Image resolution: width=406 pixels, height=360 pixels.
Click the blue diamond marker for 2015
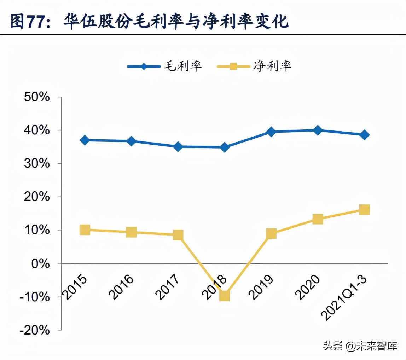pyautogui.click(x=85, y=140)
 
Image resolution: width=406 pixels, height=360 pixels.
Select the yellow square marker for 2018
pyautogui.click(x=225, y=295)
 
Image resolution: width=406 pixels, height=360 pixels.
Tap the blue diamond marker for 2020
pyautogui.click(x=318, y=130)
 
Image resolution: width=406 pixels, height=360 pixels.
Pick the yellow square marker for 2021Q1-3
pyautogui.click(x=364, y=210)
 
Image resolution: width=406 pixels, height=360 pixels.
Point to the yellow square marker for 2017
pyautogui.click(x=178, y=235)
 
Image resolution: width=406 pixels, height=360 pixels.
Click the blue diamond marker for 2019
pyautogui.click(x=271, y=132)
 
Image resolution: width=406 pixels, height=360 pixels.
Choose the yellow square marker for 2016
pyautogui.click(x=131, y=232)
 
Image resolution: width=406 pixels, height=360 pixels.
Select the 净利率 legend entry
pyautogui.click(x=254, y=66)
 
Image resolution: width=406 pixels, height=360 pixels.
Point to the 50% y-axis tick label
pyautogui.click(x=37, y=97)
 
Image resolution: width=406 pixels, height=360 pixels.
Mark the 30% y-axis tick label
pyautogui.click(x=37, y=163)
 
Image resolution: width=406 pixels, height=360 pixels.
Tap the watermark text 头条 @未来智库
pyautogui.click(x=360, y=346)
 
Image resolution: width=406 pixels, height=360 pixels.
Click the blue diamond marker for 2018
pyautogui.click(x=225, y=147)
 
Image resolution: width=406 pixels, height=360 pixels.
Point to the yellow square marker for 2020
pyautogui.click(x=318, y=219)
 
